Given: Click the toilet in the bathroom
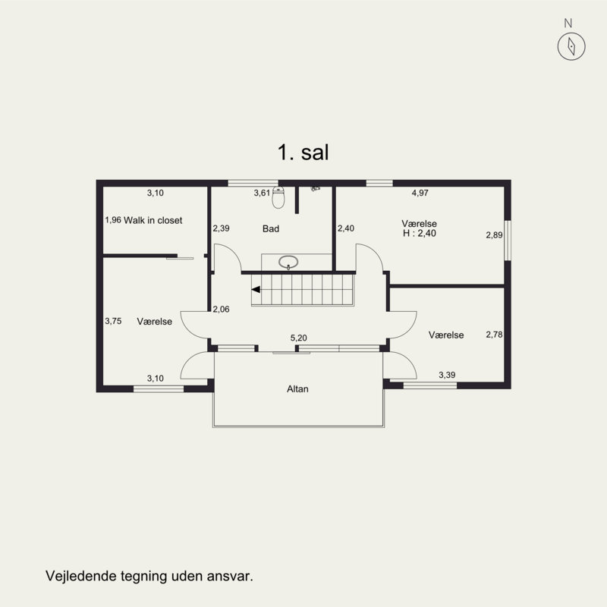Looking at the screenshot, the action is click(278, 197).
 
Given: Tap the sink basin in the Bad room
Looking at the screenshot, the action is click(288, 262).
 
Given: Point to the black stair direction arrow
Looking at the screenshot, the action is click(256, 289).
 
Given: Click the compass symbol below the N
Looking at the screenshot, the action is click(571, 46).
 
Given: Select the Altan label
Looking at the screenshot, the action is click(297, 388).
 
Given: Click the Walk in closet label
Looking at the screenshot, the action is click(153, 220).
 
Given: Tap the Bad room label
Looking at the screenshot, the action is click(271, 229).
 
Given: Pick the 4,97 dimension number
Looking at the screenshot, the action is click(420, 193).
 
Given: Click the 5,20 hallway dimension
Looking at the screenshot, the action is click(298, 338).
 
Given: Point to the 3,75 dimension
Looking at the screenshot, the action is click(113, 321).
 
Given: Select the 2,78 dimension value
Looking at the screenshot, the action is click(494, 335).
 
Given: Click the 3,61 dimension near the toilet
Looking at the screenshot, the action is click(262, 193).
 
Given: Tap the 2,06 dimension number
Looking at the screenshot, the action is click(221, 309).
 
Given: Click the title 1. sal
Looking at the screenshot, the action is click(303, 153).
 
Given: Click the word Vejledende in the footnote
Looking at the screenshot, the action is click(81, 576).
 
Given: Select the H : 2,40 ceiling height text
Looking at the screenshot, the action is click(420, 233).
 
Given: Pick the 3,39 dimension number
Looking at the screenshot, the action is click(447, 375).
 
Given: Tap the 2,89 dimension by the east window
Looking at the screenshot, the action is click(494, 235).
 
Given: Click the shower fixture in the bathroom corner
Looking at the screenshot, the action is click(315, 189).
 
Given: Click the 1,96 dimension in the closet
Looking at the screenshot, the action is click(113, 220).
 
